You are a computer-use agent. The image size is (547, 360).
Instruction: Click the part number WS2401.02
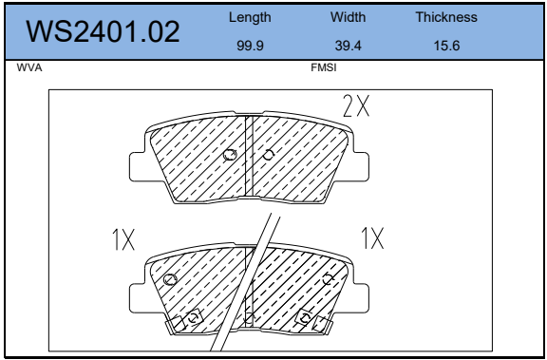pos(103,31)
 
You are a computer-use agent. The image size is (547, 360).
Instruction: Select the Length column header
pos(250,17)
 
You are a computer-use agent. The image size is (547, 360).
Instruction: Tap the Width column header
pos(349,17)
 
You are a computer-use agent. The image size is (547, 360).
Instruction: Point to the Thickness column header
pos(446,17)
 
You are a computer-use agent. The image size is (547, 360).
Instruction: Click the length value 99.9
pos(250,46)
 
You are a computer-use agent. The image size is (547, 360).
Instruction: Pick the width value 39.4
pos(349,46)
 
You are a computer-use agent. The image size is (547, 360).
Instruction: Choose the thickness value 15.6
pos(446,46)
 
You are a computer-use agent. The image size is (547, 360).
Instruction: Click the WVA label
pos(29,67)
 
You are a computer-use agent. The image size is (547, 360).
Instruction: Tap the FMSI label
pos(324,67)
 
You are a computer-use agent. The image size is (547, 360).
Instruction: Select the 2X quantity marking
pos(356,105)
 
